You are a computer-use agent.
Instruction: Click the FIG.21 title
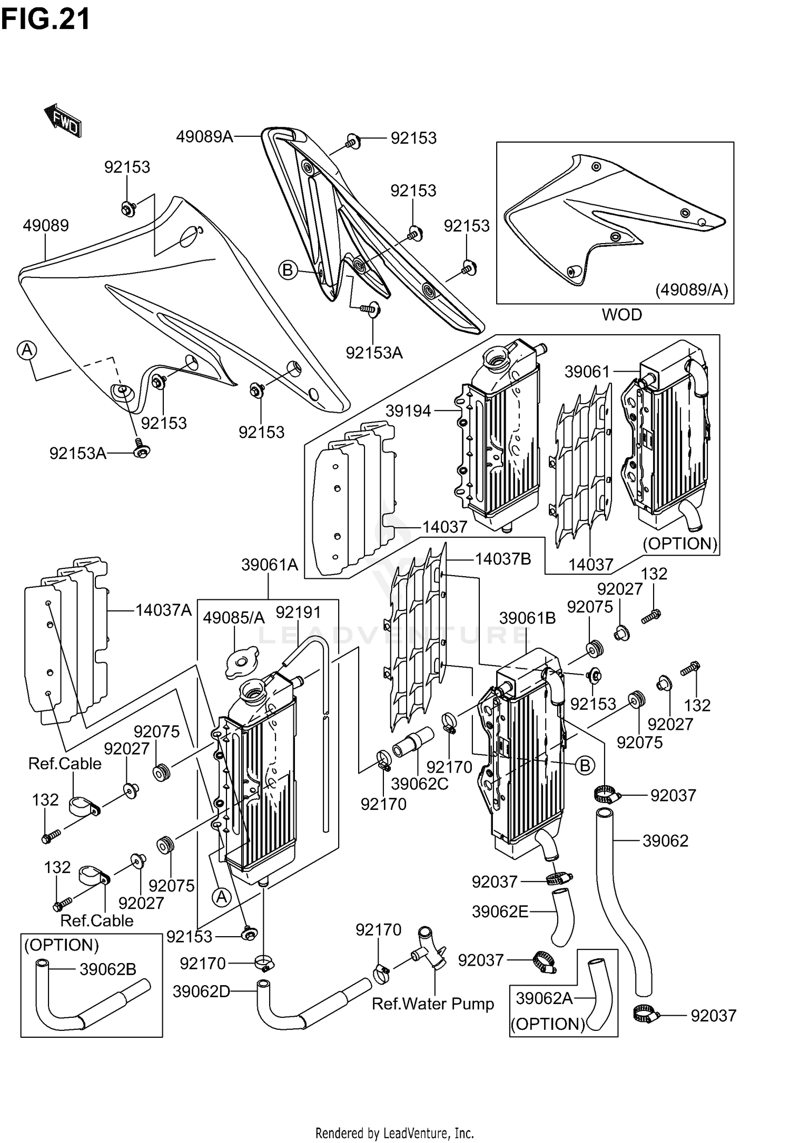click(x=45, y=19)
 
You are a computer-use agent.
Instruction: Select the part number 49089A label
click(x=204, y=137)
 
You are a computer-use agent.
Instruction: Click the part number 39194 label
click(x=408, y=411)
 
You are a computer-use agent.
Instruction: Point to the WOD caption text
click(x=621, y=315)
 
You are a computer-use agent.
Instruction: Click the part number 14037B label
click(x=503, y=559)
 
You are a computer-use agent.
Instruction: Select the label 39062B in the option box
click(x=108, y=969)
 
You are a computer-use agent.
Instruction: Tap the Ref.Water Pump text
click(x=432, y=1004)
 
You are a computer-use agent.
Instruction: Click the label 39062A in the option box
click(x=544, y=998)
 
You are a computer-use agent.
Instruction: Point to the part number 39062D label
click(x=202, y=991)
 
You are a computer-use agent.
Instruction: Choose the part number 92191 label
click(x=298, y=612)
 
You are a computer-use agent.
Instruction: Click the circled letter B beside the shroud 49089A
click(x=288, y=270)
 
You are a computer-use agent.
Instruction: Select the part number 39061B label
click(x=527, y=618)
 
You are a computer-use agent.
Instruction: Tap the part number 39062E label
click(x=500, y=911)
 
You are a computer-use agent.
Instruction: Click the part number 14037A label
click(x=163, y=610)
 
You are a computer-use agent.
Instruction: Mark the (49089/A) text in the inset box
click(x=692, y=289)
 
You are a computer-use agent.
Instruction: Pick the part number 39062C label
click(x=420, y=784)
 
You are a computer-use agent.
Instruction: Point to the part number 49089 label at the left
click(x=46, y=225)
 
